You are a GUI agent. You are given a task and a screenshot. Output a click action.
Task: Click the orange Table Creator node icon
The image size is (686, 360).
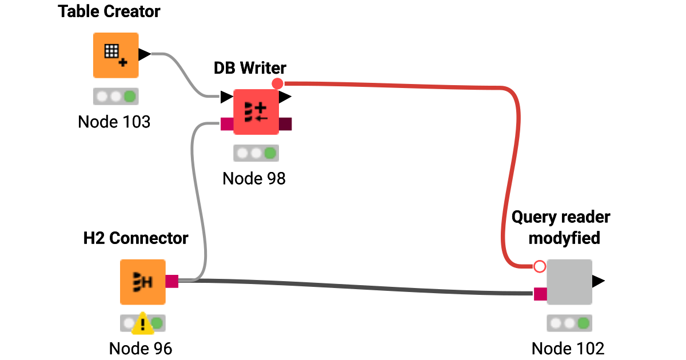tap(115, 55)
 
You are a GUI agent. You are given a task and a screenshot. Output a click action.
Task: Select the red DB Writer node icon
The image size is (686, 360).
tap(256, 111)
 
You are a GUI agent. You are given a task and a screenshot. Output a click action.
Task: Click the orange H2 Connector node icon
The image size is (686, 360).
tap(142, 282)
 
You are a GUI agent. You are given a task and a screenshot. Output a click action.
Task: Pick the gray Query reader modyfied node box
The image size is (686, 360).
tap(569, 282)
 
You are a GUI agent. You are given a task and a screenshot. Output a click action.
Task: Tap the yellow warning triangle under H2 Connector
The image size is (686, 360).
tap(142, 325)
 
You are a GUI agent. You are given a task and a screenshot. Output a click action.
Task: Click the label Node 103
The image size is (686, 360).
tap(114, 122)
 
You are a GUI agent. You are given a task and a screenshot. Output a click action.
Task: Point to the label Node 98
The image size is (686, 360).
tap(254, 178)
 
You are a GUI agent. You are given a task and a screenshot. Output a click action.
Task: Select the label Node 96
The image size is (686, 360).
tap(141, 348)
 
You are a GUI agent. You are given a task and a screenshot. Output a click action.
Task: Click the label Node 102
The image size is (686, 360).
tap(568, 348)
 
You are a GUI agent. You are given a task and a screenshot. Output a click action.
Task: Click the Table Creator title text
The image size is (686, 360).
tap(109, 11)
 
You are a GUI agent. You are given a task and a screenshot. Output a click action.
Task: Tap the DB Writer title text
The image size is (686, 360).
tap(250, 68)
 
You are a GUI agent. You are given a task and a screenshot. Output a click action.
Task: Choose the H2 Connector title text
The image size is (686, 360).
tap(135, 238)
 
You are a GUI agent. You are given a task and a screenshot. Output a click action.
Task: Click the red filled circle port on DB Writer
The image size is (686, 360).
tap(277, 84)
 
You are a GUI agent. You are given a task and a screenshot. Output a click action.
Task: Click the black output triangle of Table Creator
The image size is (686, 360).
tap(145, 54)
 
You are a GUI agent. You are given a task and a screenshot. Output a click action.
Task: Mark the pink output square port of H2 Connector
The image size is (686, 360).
tap(172, 281)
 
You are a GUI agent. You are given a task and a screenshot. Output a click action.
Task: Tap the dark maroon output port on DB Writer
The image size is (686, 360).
tap(285, 124)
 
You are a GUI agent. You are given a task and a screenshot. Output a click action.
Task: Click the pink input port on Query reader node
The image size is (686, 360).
tap(540, 294)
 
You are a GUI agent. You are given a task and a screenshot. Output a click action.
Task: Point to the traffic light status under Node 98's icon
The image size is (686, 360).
tap(256, 153)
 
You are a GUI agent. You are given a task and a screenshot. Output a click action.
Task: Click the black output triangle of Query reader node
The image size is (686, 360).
tap(598, 281)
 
